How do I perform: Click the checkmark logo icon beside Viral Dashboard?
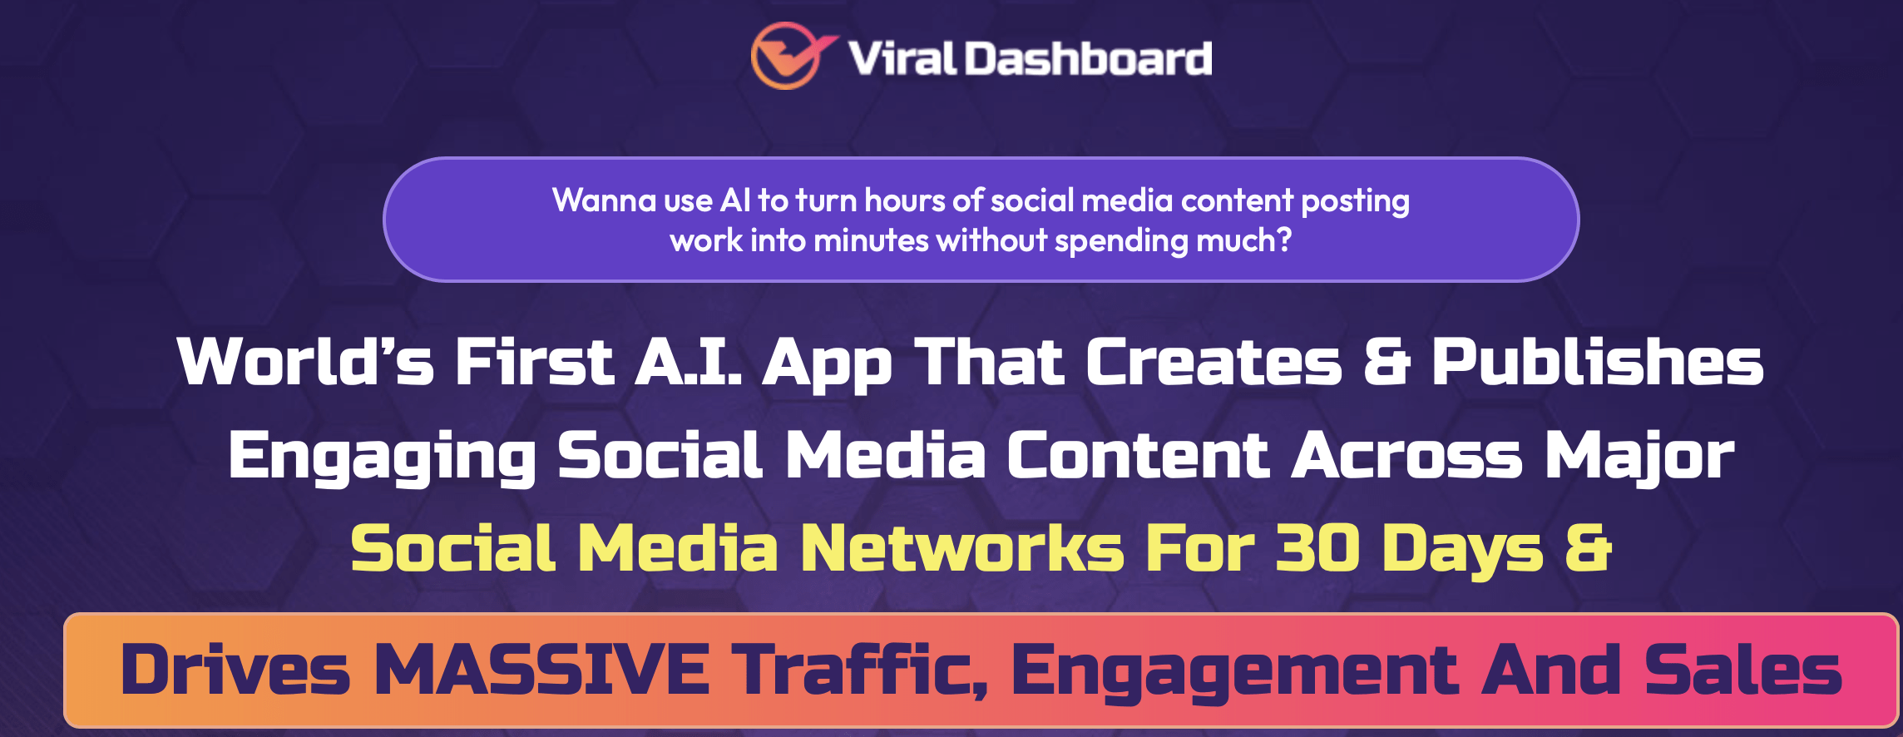point(790,55)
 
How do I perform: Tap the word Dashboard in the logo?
point(1088,58)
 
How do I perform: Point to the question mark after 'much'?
point(1284,240)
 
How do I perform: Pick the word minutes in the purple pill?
point(871,240)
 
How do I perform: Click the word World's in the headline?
point(305,361)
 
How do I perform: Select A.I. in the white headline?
point(689,361)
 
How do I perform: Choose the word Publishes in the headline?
point(1597,363)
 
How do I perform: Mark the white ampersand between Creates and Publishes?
point(1387,362)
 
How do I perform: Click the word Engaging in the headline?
point(383,457)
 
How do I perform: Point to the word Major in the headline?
point(1639,457)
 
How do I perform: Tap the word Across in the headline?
point(1406,456)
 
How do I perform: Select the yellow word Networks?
point(962,549)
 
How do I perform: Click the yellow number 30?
point(1317,549)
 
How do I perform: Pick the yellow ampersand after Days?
point(1589,548)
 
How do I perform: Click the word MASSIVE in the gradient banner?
point(541,670)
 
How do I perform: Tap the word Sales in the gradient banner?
point(1743,670)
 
